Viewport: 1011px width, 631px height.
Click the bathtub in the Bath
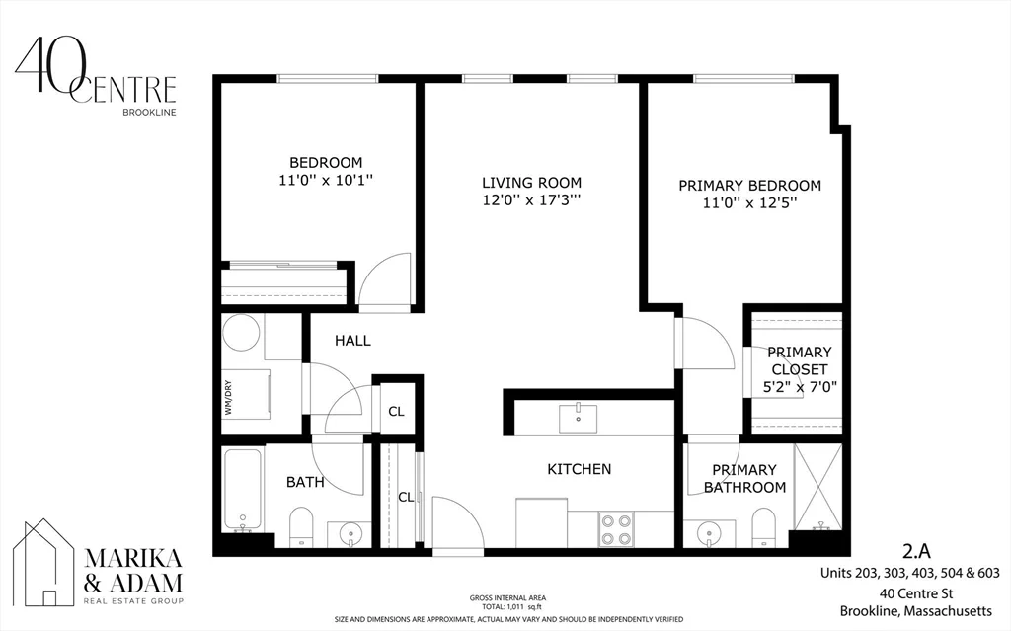click(x=242, y=490)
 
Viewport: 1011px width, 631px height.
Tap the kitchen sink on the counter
click(x=577, y=419)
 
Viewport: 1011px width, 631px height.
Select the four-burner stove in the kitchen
click(x=618, y=528)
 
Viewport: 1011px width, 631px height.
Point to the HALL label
click(x=352, y=341)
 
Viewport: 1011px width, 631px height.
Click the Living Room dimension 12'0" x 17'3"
click(x=531, y=200)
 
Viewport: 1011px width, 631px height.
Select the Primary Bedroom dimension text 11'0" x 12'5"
click(x=749, y=203)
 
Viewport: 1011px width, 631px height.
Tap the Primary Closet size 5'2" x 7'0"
click(x=799, y=387)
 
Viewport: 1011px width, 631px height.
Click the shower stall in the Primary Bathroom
click(x=817, y=486)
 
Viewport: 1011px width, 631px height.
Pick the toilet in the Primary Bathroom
click(x=764, y=527)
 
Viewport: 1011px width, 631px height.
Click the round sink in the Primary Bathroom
click(x=709, y=534)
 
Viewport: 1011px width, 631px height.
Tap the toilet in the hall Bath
click(x=301, y=527)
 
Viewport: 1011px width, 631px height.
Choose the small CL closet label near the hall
click(x=395, y=412)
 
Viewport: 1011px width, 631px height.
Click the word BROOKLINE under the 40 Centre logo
click(x=149, y=112)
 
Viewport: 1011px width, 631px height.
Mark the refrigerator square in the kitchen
click(x=542, y=521)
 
